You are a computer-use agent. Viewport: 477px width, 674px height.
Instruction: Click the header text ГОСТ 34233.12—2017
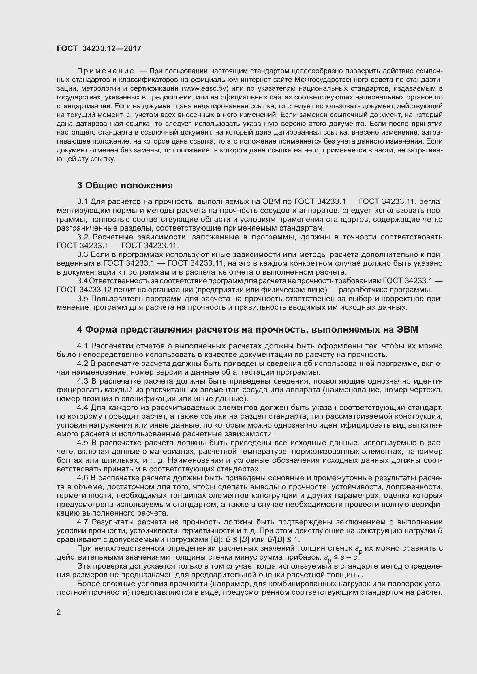click(x=99, y=48)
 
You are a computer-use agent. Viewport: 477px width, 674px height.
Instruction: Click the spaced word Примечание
click(x=106, y=71)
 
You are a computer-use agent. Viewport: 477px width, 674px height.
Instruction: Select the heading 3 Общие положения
click(x=125, y=186)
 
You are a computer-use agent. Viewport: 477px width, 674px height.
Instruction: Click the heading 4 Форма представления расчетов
click(x=247, y=330)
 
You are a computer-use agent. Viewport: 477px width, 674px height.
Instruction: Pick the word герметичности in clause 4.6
click(x=85, y=496)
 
